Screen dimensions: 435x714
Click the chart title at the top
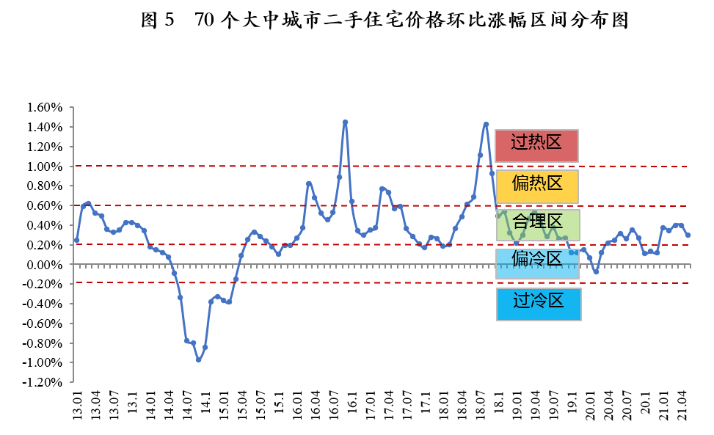coord(385,21)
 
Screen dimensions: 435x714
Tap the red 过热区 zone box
coord(536,145)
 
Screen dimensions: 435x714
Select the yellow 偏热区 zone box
coord(536,186)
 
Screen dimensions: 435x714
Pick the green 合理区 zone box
coord(536,225)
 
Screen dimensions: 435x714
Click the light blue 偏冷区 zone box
coord(536,263)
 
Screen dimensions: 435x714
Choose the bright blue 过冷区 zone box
coord(538,304)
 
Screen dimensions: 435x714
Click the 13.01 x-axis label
coord(76,406)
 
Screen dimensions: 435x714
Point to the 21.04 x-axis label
coord(682,406)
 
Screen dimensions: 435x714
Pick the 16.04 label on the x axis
coord(316,406)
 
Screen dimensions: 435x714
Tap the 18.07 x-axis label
coord(481,406)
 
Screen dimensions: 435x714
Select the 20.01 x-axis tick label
coord(591,406)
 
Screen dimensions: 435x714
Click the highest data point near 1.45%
coord(345,123)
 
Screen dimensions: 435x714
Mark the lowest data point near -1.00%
coord(198,359)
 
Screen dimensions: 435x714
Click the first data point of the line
coord(76,240)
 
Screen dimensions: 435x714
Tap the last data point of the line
coord(688,235)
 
